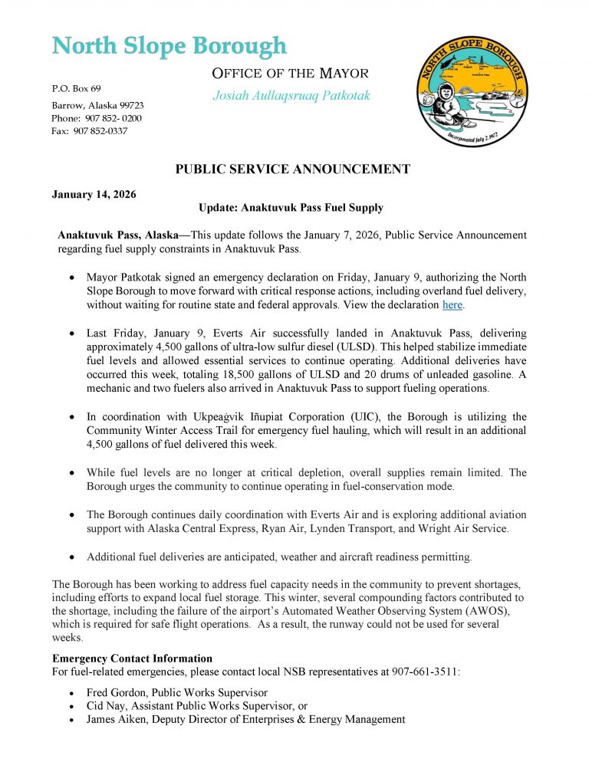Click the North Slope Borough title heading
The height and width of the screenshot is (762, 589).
point(169,46)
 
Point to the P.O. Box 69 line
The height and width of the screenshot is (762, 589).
point(76,89)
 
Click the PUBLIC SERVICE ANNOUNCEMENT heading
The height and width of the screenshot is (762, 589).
point(293,169)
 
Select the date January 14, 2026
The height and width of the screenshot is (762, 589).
point(94,194)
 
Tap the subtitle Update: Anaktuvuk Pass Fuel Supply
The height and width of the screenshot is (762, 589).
point(291,208)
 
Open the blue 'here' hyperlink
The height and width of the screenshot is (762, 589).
point(452,305)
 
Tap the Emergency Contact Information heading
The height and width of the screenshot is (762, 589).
point(132,659)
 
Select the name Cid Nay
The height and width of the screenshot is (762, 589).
point(108,706)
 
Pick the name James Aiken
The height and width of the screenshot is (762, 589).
point(118,719)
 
